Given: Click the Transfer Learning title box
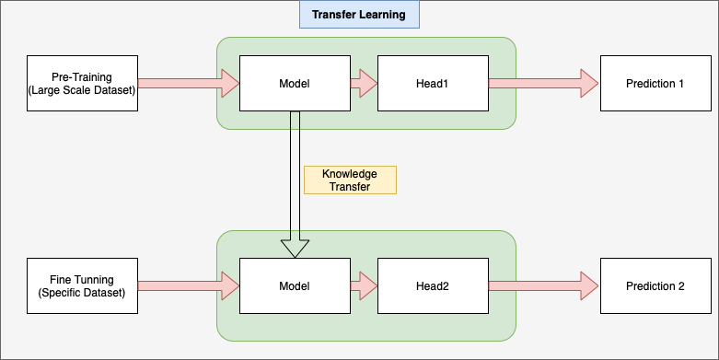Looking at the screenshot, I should coord(359,15).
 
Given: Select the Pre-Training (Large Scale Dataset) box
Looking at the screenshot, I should coord(82,83).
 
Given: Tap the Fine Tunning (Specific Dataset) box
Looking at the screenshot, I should coord(82,286).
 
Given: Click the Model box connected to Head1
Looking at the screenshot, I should coord(295,83).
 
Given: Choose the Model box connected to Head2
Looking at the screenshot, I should coord(295,286).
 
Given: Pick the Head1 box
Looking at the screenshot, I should coord(432,83).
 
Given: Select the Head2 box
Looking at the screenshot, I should coord(432,286).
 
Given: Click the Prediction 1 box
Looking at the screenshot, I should coord(655,83).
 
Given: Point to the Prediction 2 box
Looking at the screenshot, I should coord(655,286).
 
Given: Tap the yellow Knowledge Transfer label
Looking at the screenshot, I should coord(350,180).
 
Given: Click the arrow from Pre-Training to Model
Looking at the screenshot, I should coord(188,83).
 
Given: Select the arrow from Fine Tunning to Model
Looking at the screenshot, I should coord(188,286).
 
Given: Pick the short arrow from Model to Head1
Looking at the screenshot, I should coord(364,83).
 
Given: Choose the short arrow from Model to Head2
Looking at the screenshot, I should coord(364,286).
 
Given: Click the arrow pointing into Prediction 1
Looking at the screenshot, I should coord(543,83).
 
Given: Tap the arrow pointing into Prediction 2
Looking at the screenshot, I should coord(543,286).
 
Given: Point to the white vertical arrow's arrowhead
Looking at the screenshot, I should coord(295,248).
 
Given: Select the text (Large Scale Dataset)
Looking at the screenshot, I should coord(82,89).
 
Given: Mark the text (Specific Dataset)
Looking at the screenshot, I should coord(82,293).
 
